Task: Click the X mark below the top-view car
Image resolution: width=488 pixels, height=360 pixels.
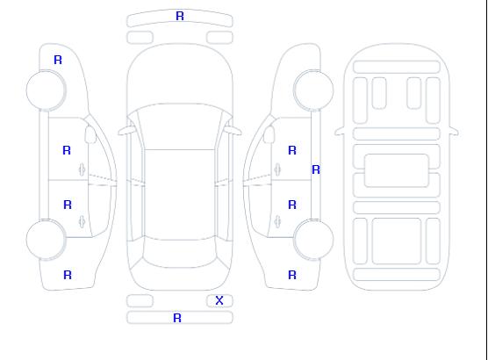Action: click(219, 300)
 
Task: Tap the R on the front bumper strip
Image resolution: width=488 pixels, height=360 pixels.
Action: click(180, 16)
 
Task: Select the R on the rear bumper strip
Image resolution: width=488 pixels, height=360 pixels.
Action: click(177, 318)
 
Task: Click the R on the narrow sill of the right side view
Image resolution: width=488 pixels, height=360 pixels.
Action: click(316, 169)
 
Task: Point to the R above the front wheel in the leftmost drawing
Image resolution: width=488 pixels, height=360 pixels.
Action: click(58, 60)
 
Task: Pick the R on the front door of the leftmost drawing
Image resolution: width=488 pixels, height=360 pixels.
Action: click(67, 150)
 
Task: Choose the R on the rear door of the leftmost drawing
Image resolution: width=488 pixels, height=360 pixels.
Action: click(68, 205)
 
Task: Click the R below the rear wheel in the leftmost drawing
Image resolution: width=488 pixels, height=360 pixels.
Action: click(68, 275)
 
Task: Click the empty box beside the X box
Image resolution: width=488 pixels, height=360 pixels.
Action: click(140, 301)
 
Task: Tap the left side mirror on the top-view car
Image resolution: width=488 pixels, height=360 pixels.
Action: click(126, 131)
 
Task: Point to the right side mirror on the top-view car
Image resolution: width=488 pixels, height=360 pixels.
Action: click(233, 131)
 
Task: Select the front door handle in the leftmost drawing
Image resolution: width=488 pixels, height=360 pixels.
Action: click(83, 169)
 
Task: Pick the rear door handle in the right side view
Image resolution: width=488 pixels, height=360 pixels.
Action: click(277, 221)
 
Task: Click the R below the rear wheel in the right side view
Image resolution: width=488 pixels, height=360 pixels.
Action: click(292, 275)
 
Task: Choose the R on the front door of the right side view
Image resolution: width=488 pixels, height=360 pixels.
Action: click(292, 150)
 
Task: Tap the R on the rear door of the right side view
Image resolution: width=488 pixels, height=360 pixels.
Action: click(292, 205)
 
